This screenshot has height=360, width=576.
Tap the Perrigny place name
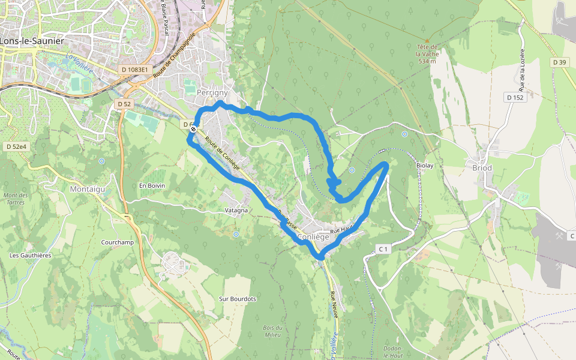tap(212, 93)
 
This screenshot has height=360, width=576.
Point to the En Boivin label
tap(152, 185)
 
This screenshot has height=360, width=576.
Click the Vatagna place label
tap(236, 211)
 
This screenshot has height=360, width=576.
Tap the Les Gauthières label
tap(31, 255)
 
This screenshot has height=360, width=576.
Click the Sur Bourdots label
tap(238, 299)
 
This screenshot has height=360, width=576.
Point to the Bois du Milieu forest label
tap(272, 331)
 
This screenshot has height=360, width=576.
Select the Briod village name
tap(482, 168)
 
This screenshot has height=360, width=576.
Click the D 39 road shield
tap(560, 62)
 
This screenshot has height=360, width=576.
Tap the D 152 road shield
tap(515, 98)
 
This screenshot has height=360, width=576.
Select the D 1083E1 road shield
tap(134, 70)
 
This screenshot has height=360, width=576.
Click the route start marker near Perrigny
tap(193, 128)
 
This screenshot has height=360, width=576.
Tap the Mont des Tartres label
tap(16, 199)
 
